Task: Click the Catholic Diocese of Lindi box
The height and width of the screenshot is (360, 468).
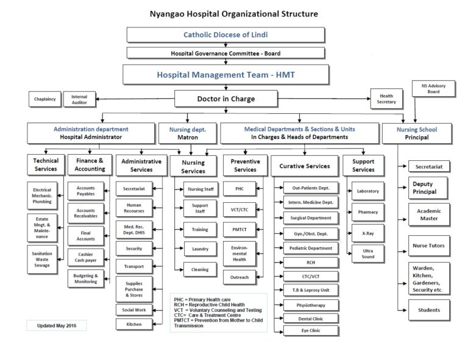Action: tap(225, 35)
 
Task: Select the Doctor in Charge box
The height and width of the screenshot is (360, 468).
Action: tap(225, 99)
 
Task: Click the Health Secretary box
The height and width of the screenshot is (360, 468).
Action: tap(386, 99)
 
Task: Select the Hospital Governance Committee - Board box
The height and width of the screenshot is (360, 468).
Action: tap(225, 53)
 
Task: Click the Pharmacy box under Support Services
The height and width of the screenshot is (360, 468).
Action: tap(367, 212)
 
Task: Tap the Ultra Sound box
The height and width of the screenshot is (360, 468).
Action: tap(367, 253)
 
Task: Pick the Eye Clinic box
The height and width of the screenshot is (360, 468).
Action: tap(310, 331)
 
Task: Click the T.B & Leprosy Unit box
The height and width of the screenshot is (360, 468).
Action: tap(310, 289)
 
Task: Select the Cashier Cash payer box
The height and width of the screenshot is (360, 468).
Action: tap(85, 257)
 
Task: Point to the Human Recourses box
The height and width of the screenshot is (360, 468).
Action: tap(133, 208)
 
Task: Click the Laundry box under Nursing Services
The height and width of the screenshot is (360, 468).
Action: tap(200, 249)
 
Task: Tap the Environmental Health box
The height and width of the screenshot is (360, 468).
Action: tap(239, 252)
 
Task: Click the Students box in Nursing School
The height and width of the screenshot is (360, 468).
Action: tap(429, 309)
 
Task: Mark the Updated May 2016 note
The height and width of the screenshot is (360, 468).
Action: tap(56, 326)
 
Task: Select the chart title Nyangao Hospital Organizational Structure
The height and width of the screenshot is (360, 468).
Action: tap(234, 13)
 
